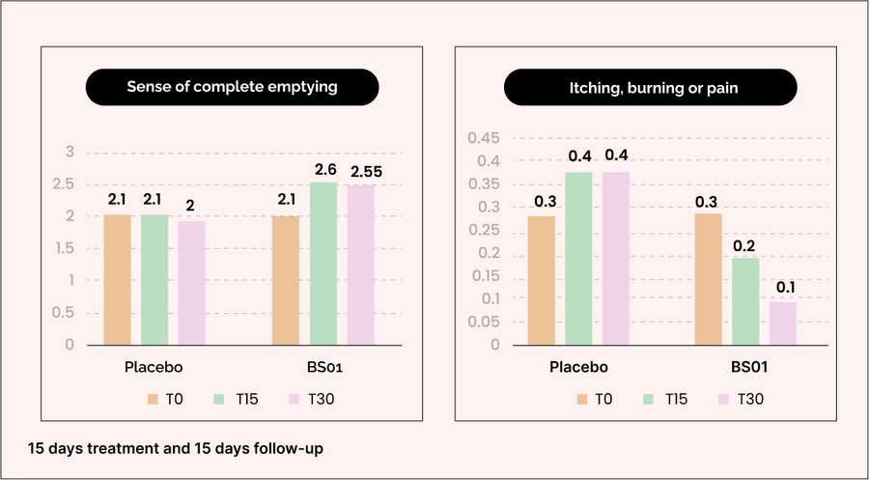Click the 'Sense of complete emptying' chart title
click(232, 87)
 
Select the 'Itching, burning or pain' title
click(651, 88)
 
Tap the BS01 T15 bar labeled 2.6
click(323, 263)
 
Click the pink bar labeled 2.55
click(361, 264)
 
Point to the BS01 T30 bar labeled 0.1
click(783, 323)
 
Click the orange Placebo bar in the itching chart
click(542, 279)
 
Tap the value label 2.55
click(365, 172)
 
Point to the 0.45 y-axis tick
click(485, 137)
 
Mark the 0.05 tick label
click(485, 322)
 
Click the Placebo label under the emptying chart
click(154, 367)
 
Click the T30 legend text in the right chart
click(750, 399)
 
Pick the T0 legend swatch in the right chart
click(582, 399)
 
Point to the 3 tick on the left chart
click(69, 152)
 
